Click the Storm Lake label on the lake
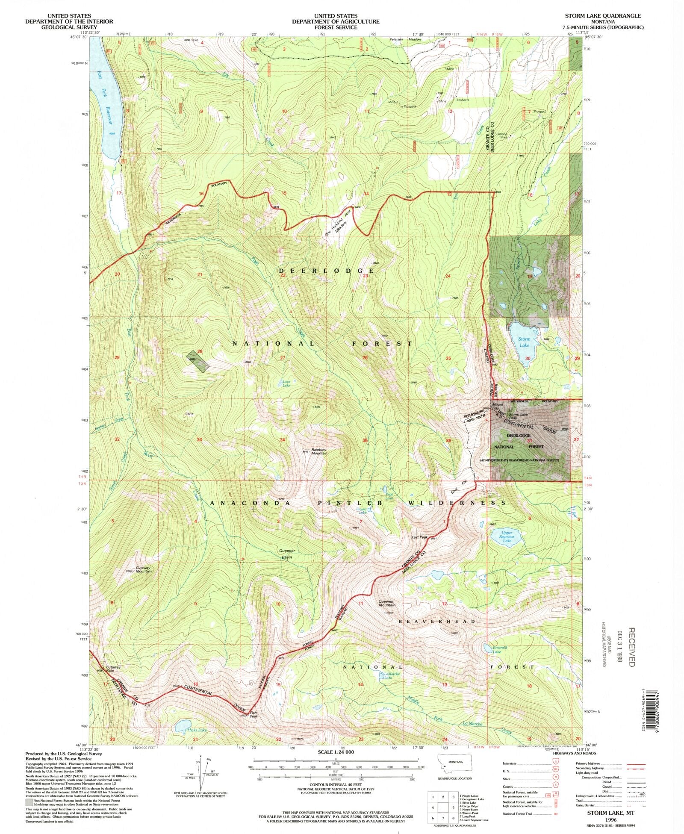524,342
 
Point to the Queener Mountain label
387,603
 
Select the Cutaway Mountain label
144,570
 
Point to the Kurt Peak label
419,537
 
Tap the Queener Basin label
287,554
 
